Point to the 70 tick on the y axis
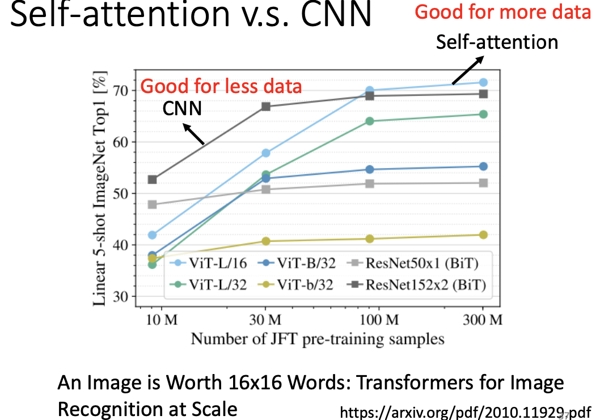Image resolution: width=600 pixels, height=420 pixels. [x=121, y=90]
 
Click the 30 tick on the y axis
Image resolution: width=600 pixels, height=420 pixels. [x=121, y=296]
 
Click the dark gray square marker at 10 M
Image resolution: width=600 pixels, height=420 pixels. [x=152, y=179]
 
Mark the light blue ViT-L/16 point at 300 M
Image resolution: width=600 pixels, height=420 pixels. [x=483, y=83]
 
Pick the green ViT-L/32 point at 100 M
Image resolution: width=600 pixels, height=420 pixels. [x=370, y=121]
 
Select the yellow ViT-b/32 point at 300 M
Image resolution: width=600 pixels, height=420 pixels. [x=483, y=235]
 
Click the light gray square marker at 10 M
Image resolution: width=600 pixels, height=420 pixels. [x=152, y=204]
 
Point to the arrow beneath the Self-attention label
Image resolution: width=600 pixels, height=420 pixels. [x=468, y=70]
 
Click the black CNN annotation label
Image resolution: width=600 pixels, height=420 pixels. [x=183, y=108]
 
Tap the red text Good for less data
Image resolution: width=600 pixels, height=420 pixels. [x=221, y=87]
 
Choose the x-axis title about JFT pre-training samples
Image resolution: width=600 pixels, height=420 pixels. [x=317, y=339]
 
